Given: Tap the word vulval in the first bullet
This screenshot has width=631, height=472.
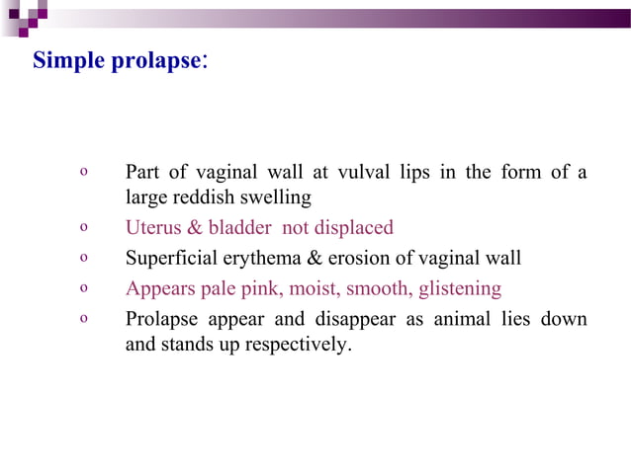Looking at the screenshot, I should point(363,173).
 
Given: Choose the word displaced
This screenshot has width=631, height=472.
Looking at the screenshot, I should point(353,228).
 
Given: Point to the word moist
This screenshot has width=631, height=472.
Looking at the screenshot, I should point(319,289).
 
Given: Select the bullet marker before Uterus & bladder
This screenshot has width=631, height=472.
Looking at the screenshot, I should point(84,228).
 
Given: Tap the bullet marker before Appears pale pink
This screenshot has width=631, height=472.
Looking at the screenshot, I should point(84,289).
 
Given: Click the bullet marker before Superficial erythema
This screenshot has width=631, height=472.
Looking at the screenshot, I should point(84,259).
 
